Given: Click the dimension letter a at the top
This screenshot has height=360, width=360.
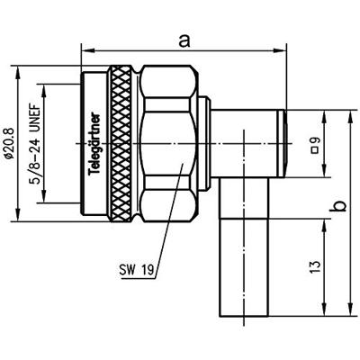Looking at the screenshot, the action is pos(184,41).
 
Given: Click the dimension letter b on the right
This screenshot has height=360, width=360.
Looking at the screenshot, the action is pos(339,206).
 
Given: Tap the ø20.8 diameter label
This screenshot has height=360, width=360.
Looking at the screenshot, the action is pos(8,143).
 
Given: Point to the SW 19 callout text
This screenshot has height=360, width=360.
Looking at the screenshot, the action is pos(137,270).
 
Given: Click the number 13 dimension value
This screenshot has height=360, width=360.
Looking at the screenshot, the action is pos(315,267).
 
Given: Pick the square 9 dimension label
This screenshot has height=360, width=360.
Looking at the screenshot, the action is pos(316,145).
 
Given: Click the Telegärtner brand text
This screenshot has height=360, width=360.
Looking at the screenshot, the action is pos(95,144).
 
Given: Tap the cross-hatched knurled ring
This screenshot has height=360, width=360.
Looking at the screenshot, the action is pos(120,144).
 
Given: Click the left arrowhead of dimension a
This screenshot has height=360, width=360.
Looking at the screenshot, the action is pos(86,51).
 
